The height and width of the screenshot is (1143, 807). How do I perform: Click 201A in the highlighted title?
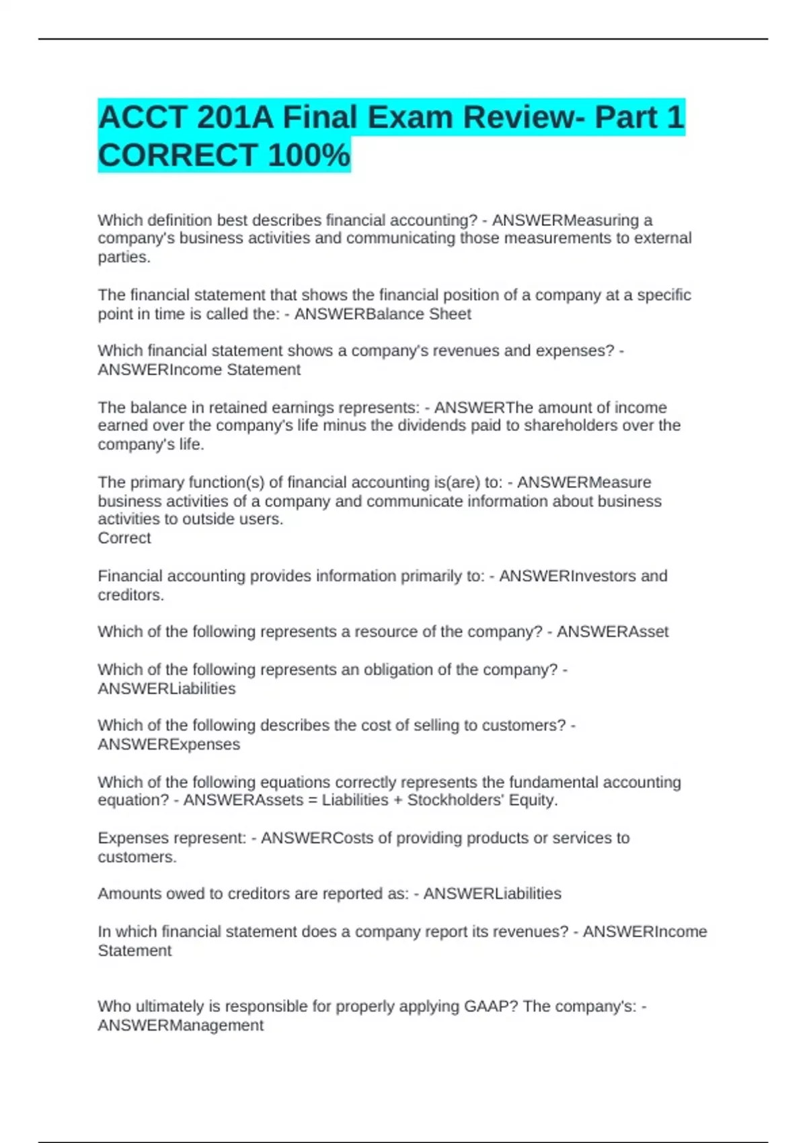click(x=235, y=118)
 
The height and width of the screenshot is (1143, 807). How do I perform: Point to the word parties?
click(x=124, y=257)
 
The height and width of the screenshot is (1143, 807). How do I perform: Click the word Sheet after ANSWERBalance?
click(x=450, y=314)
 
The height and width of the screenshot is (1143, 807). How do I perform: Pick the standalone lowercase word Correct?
click(x=124, y=538)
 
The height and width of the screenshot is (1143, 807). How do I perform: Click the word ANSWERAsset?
click(x=613, y=632)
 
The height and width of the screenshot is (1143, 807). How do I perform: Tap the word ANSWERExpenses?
click(x=169, y=744)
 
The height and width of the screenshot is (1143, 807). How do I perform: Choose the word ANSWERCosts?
click(x=313, y=838)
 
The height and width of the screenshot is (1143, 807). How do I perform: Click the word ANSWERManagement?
click(x=180, y=1025)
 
